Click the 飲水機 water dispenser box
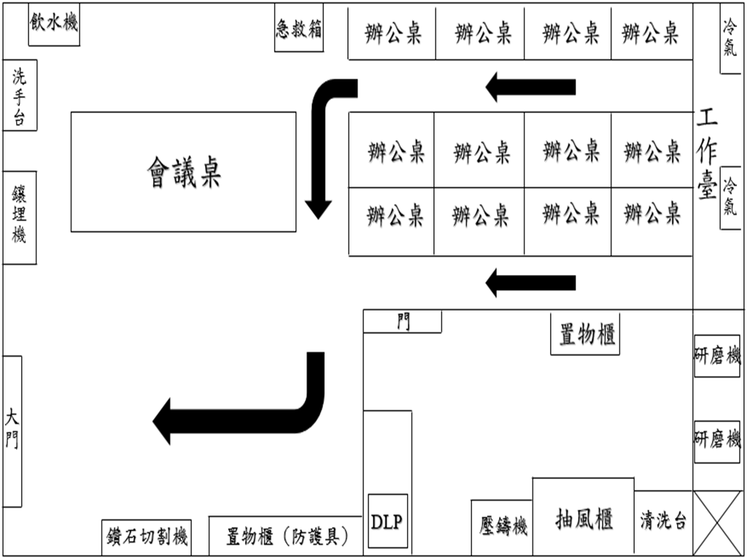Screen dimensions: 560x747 coord(54,25)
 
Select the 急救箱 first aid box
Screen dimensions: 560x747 coord(298,30)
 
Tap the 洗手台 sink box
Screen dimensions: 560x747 coord(20,96)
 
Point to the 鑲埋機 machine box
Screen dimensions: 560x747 coord(20,217)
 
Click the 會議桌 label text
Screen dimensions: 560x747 coord(184,173)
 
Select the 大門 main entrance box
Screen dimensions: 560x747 coord(12,430)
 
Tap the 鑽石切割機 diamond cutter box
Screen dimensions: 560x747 coord(144,537)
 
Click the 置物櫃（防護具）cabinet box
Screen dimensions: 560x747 coord(285,537)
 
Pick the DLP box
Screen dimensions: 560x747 coord(387,521)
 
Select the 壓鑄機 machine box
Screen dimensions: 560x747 coord(502,527)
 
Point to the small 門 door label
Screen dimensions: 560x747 coord(403,322)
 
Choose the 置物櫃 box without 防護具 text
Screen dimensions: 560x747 coord(585,335)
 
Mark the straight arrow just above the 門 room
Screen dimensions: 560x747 coord(530,282)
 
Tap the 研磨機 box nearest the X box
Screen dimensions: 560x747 coord(716,441)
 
